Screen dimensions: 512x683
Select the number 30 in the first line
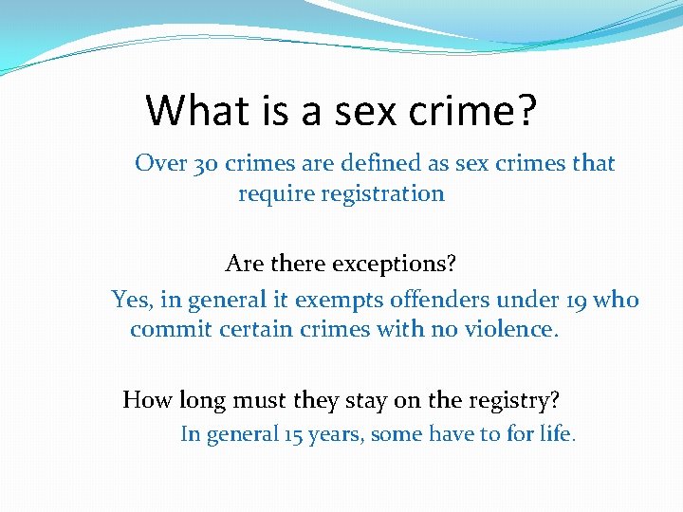tap(205, 164)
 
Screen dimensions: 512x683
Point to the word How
tap(146, 400)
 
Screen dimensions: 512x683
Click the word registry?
tap(513, 400)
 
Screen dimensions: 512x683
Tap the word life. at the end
tap(560, 435)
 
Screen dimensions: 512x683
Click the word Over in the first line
tap(159, 164)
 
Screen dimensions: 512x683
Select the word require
tap(274, 194)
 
